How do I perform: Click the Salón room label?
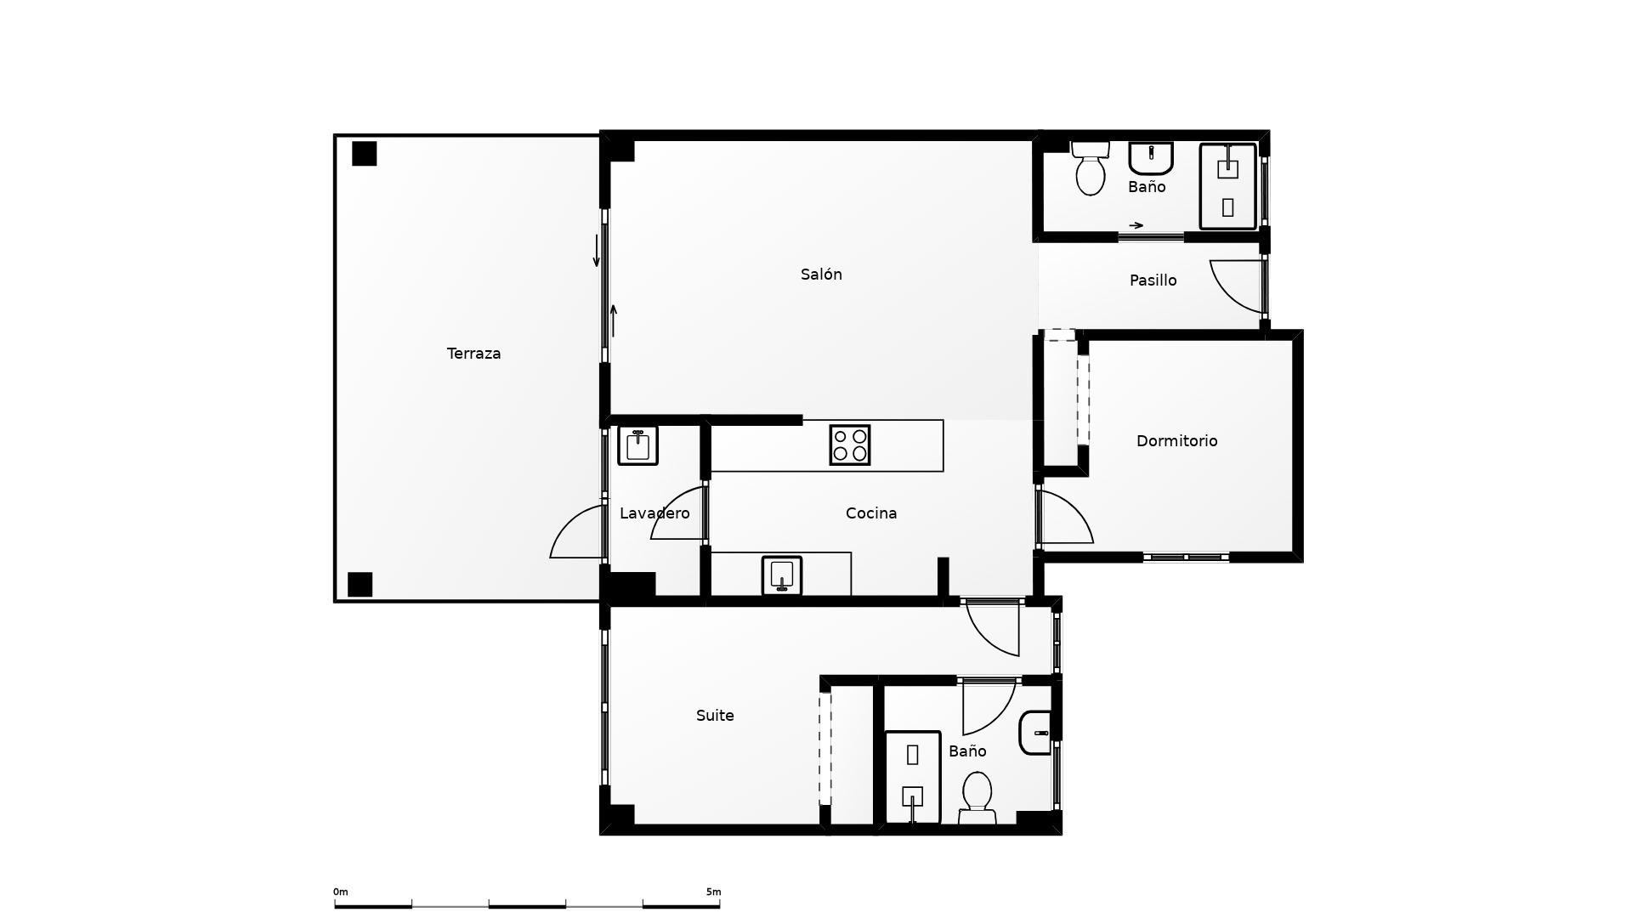click(821, 275)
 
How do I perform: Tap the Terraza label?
click(473, 354)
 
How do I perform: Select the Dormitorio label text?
click(1176, 441)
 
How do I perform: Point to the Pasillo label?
click(1153, 280)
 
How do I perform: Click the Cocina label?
click(871, 513)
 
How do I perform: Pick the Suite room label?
click(715, 716)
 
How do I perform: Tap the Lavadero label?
click(654, 513)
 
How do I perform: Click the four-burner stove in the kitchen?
click(850, 445)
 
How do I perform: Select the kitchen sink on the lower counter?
click(782, 575)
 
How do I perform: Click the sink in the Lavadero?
click(637, 445)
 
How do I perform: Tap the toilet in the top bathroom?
click(1090, 168)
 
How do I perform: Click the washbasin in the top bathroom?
click(1151, 158)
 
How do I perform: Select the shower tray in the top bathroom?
click(1227, 186)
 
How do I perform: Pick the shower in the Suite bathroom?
click(912, 777)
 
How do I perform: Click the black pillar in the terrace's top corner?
click(365, 154)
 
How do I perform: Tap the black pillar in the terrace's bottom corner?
click(360, 585)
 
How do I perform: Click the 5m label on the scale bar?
click(713, 892)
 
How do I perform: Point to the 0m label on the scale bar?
click(340, 892)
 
